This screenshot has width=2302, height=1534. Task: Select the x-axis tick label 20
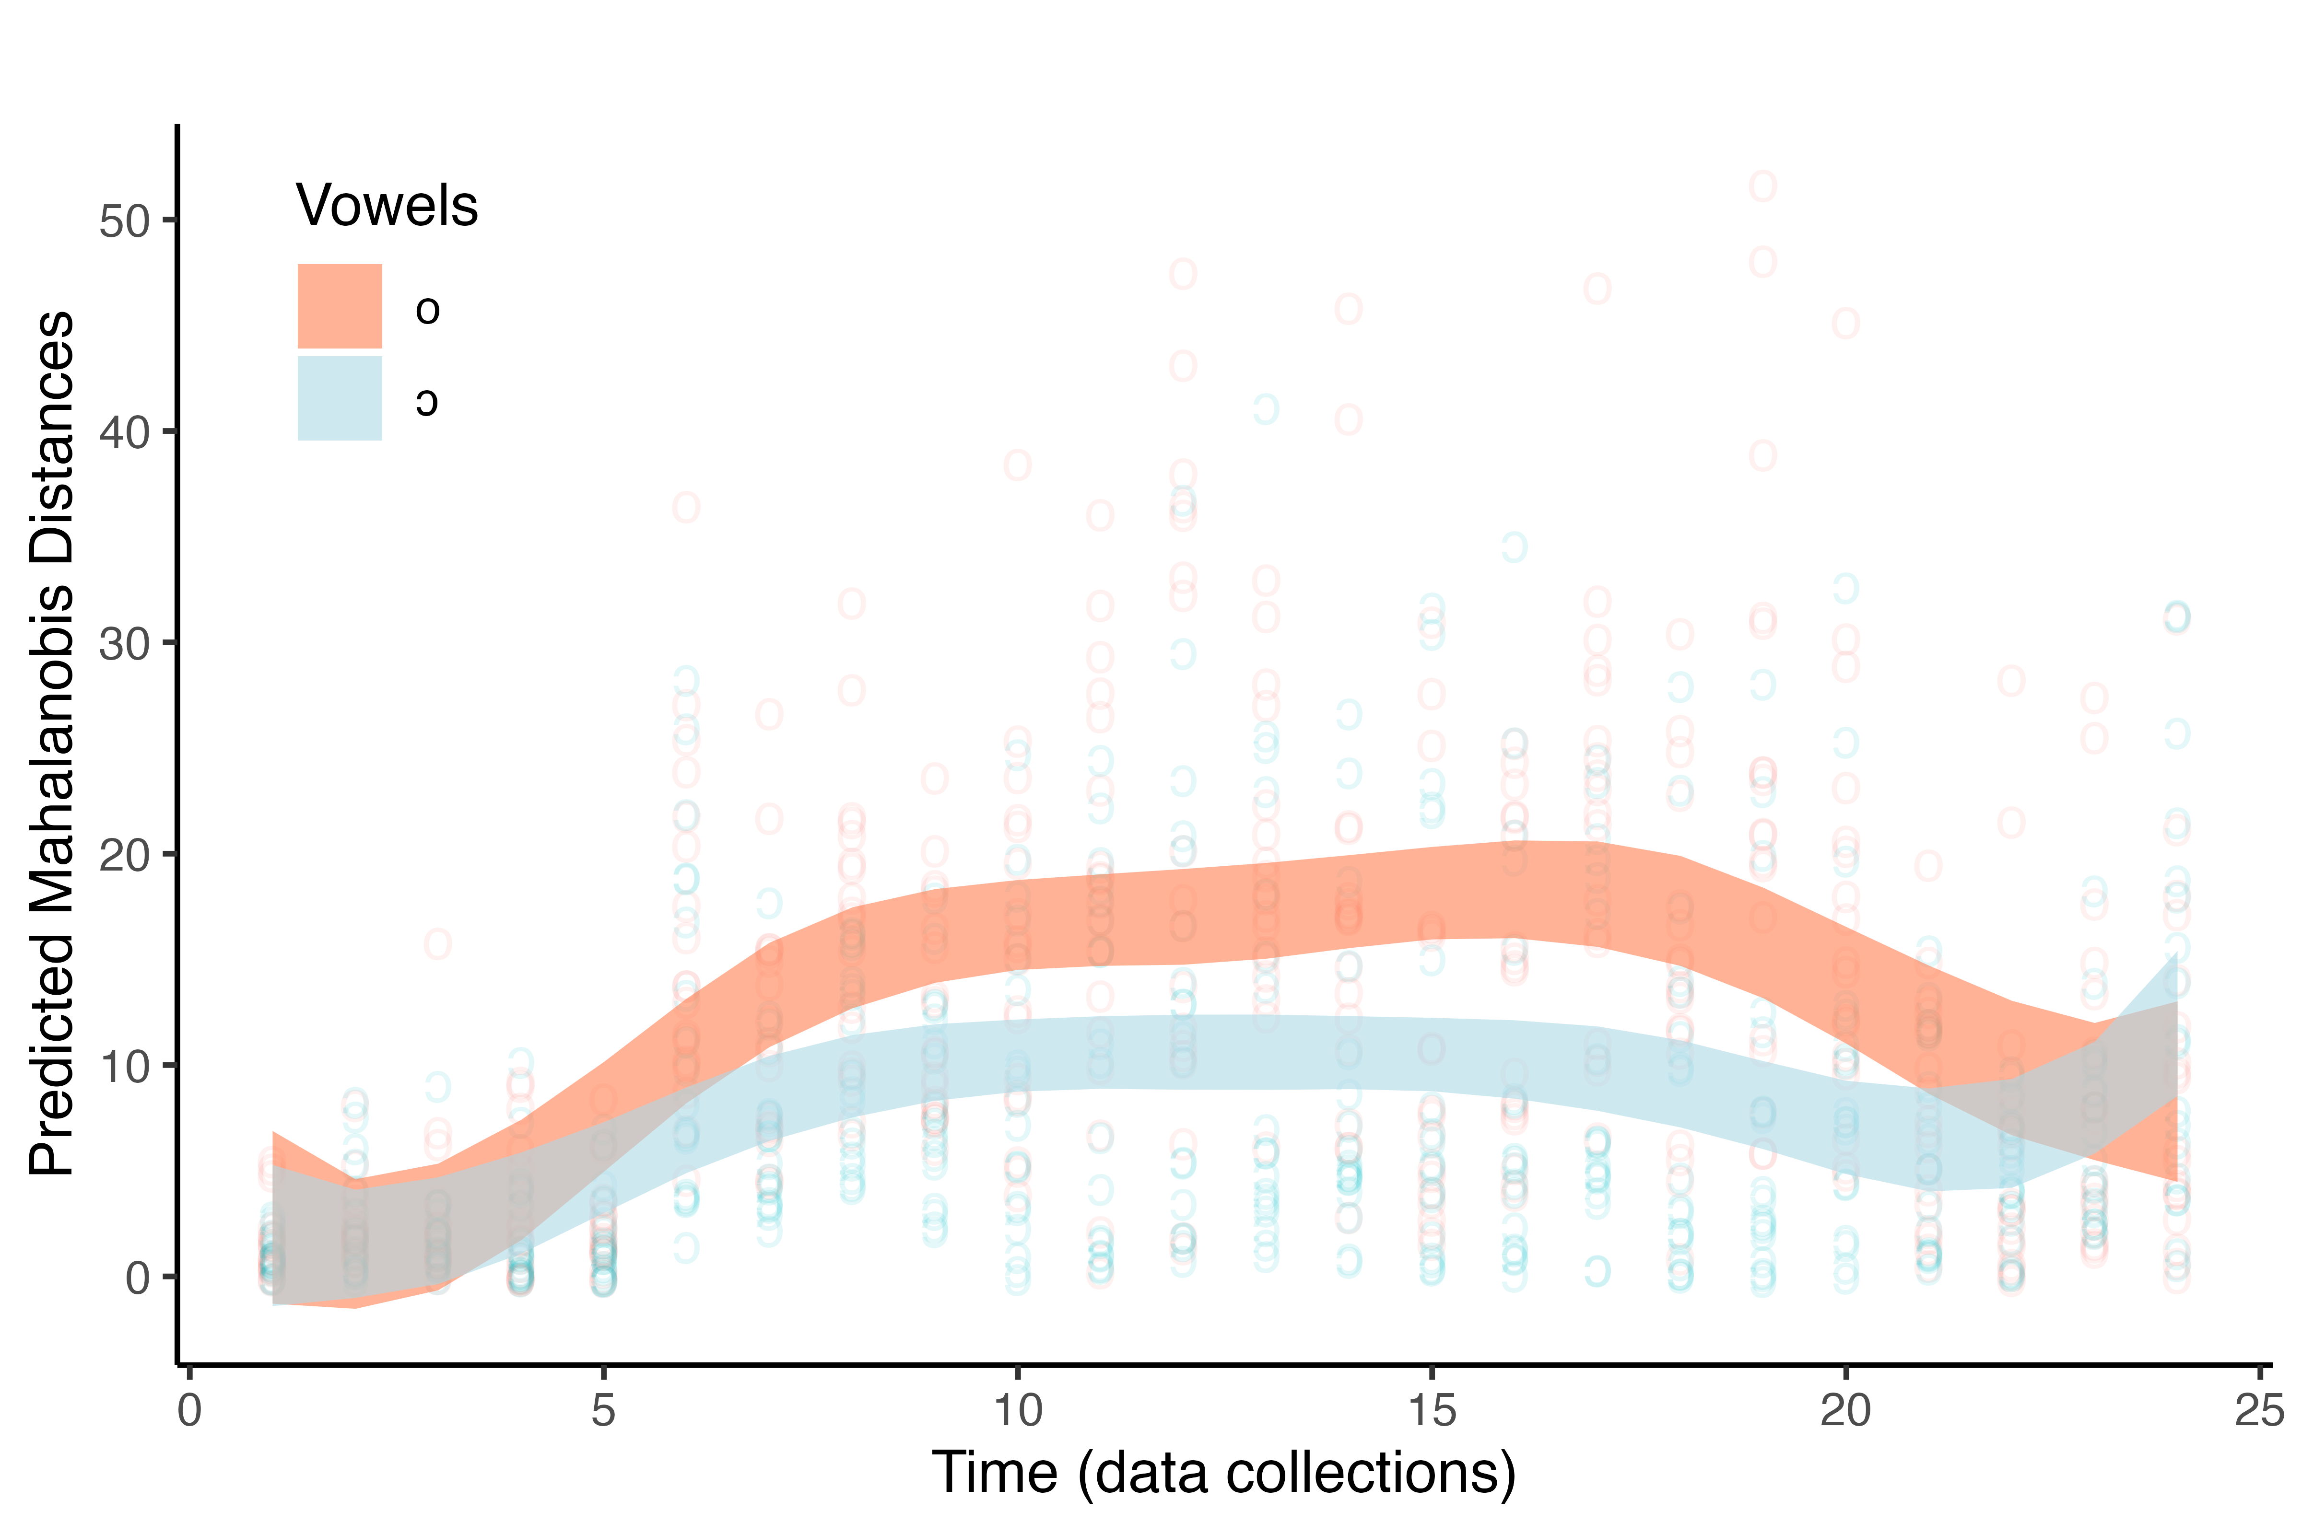[1845, 1411]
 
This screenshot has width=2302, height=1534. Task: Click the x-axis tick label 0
[189, 1411]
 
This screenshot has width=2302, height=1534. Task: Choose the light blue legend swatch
[340, 398]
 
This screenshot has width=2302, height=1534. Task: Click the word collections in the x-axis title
[1368, 1473]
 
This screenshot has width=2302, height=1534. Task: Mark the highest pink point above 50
[1763, 186]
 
